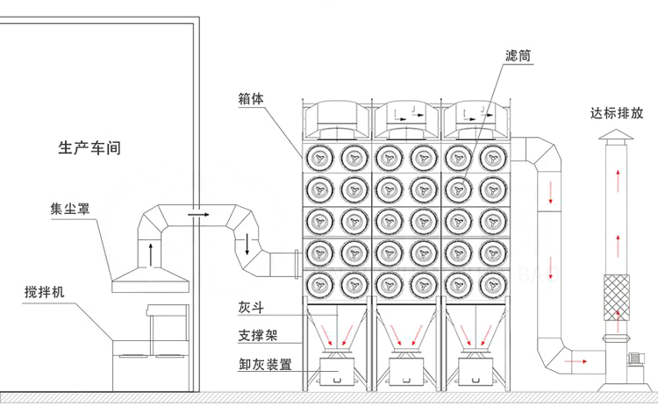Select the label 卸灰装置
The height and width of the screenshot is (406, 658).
(x=261, y=362)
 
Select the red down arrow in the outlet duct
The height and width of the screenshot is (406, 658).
(x=551, y=192)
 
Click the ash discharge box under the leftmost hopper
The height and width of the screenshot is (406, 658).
(x=336, y=372)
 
